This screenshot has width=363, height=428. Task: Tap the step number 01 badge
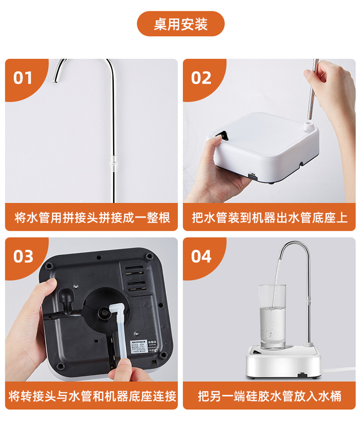tap(23, 78)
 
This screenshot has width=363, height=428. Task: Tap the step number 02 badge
tap(201, 78)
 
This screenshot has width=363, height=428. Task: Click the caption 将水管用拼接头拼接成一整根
tap(92, 218)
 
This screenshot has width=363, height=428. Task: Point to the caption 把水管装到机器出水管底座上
tap(270, 218)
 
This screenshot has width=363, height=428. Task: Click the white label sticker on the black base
tap(137, 347)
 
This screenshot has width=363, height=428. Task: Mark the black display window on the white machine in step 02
tap(221, 135)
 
